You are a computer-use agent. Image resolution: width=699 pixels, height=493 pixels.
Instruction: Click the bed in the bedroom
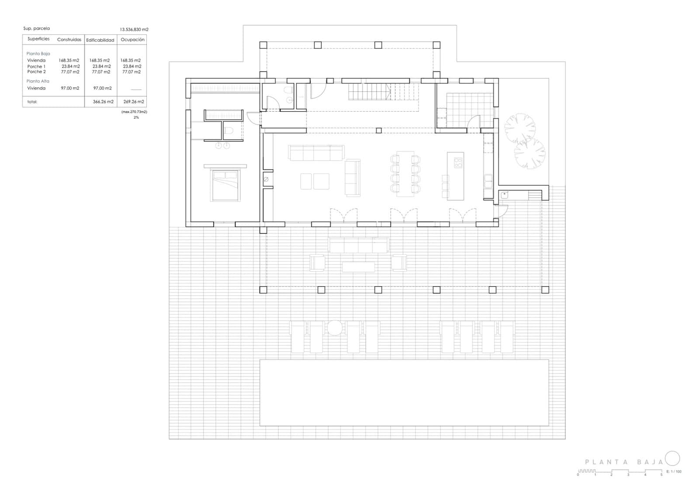pos(225,185)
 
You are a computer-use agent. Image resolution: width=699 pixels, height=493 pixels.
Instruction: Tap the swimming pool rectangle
pos(404,393)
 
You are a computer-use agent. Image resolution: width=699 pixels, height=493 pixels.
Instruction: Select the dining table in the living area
pos(405,174)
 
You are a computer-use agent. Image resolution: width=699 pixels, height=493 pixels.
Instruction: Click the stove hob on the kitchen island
pos(458,163)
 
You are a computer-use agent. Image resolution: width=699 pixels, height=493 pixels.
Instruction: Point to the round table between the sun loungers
pos(335,328)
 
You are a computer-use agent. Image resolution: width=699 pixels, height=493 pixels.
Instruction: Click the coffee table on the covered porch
pos(358,267)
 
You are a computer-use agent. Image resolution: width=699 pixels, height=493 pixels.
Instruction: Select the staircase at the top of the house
pos(384,92)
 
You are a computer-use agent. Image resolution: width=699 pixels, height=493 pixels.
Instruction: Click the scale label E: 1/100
pos(674,472)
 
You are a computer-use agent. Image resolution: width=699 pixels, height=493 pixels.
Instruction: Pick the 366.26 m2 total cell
pos(103,102)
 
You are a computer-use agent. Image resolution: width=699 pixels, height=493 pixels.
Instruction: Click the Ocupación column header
pos(133,40)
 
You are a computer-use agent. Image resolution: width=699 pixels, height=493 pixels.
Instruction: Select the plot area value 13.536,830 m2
pos(134,30)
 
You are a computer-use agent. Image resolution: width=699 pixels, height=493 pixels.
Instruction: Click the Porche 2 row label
pos(37,72)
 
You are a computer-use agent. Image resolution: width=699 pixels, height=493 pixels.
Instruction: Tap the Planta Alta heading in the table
pos(38,81)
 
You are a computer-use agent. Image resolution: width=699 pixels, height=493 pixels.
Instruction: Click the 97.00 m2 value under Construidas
pos(70,88)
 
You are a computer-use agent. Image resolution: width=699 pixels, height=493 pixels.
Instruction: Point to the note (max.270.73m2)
pos(134,112)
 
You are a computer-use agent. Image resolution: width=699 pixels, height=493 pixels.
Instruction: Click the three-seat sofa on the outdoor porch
pos(359,245)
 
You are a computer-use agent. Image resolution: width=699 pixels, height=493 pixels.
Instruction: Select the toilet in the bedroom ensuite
pos(229,130)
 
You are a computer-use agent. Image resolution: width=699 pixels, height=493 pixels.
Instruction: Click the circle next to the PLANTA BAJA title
pos(672,459)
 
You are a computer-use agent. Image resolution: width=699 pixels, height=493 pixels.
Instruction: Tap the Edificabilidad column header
pos(100,40)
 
